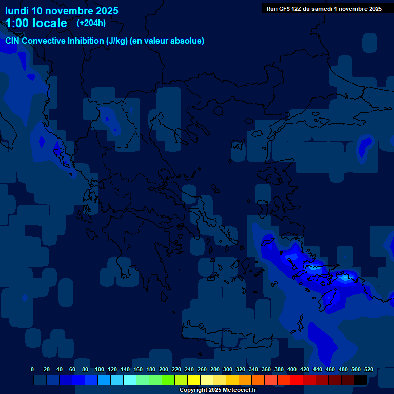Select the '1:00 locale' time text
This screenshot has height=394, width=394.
click(x=36, y=23)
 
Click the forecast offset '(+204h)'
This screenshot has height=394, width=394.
click(x=91, y=23)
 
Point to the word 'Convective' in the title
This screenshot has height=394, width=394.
click(x=43, y=41)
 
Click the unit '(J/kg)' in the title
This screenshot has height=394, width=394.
click(x=116, y=41)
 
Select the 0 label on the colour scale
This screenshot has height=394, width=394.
click(x=32, y=369)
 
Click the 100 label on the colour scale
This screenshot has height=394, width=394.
click(x=100, y=369)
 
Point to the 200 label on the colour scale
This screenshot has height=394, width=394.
click(x=164, y=369)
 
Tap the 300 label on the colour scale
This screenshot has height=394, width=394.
click(x=228, y=369)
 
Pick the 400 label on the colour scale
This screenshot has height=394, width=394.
click(x=292, y=369)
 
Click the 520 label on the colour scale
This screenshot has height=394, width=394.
click(x=369, y=369)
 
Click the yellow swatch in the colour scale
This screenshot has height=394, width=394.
click(x=193, y=380)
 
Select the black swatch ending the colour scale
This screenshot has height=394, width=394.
click(x=360, y=380)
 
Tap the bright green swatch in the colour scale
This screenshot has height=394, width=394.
click(x=168, y=380)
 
